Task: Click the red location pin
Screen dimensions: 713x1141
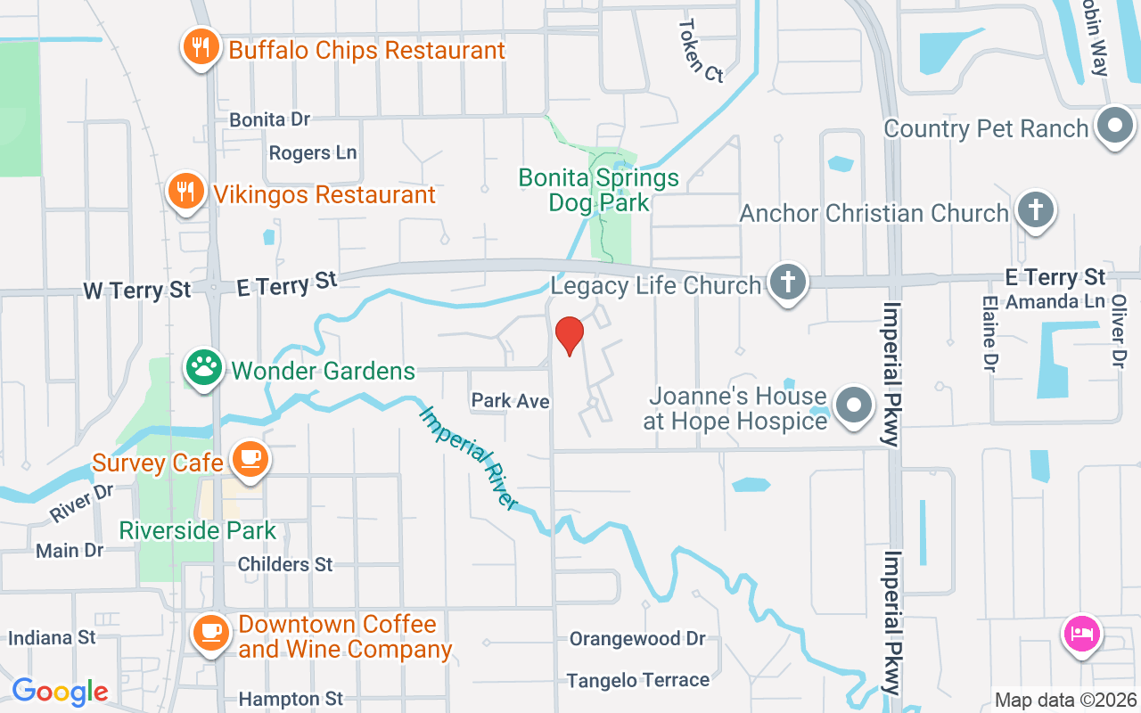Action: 569,335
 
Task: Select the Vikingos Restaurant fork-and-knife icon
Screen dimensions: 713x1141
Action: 185,191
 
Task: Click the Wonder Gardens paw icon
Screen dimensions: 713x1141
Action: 204,367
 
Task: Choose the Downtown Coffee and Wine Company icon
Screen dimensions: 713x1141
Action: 210,632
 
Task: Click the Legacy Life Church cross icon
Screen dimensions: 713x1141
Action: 787,282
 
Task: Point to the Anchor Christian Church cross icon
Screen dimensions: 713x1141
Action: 1035,210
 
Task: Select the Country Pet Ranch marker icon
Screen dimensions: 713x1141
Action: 1114,125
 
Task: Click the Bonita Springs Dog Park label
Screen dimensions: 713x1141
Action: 599,190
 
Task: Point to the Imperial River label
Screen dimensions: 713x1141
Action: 469,458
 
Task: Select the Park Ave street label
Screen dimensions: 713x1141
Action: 510,401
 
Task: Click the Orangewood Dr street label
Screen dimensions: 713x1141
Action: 637,639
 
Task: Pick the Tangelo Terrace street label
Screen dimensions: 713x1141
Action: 638,681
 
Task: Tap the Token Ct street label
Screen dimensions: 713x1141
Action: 701,51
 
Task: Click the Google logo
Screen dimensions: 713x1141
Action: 60,692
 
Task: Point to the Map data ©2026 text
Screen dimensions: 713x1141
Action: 1066,701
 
